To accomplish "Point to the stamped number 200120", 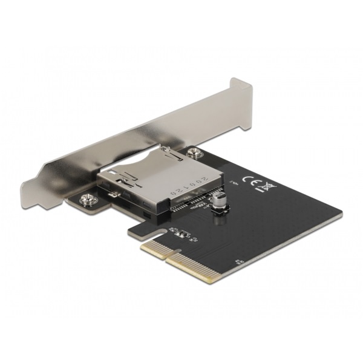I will [189, 185].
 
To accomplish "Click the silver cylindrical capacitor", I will [221, 200].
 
